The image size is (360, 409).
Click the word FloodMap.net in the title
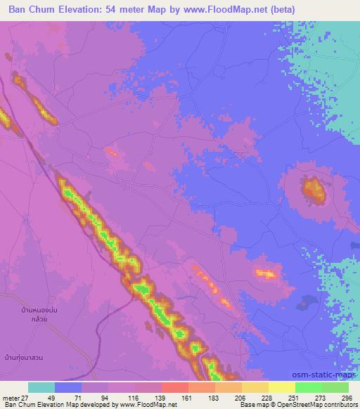(239, 9)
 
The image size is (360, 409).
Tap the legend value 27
(25, 398)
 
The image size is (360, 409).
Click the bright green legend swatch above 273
(309, 387)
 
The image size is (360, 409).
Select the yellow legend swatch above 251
(282, 387)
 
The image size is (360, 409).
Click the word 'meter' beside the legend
(10, 398)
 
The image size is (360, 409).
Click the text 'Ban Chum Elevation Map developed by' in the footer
(60, 405)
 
